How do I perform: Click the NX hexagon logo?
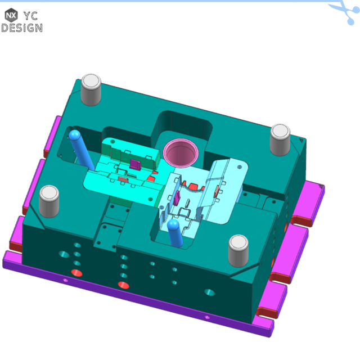(11, 15)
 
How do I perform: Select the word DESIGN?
(21, 27)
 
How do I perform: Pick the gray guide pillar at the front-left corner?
(49, 201)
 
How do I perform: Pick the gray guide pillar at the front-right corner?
(238, 251)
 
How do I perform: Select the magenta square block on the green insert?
(135, 164)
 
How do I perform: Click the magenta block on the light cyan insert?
(177, 198)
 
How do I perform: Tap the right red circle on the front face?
(124, 285)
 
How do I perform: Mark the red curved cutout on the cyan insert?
(193, 186)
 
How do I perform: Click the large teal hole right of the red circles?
(209, 293)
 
